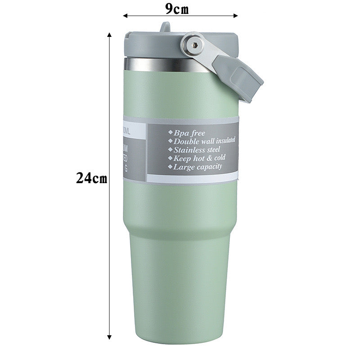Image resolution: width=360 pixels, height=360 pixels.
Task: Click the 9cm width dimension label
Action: tap(176, 9)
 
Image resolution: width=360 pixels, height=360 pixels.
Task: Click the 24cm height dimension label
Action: tap(91, 178)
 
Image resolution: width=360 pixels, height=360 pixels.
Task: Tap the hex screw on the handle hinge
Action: tap(192, 44)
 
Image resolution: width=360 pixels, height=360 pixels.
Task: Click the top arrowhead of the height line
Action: tap(109, 34)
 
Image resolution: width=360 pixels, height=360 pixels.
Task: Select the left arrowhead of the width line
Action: tap(126, 16)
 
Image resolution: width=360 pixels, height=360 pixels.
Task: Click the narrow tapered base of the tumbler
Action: tap(179, 292)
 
